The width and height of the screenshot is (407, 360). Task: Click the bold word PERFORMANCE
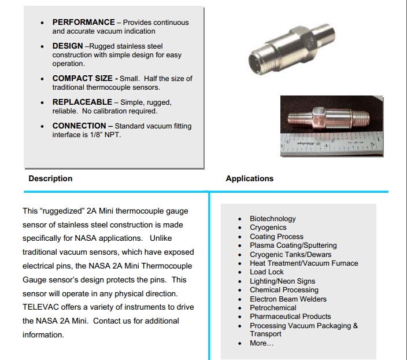click(x=83, y=23)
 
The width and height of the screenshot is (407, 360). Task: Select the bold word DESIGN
click(x=68, y=46)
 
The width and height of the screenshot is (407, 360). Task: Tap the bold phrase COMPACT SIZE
click(x=84, y=78)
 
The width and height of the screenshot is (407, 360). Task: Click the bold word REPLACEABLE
click(x=82, y=102)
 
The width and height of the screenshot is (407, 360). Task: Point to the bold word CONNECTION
click(x=79, y=126)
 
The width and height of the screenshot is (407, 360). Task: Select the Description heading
click(x=50, y=178)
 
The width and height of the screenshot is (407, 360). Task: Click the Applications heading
click(x=249, y=178)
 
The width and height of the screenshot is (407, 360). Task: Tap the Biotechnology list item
click(x=272, y=219)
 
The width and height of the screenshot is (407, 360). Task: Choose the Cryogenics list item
click(x=268, y=227)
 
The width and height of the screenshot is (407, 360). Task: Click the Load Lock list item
click(x=267, y=272)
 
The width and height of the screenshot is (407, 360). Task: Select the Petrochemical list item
click(x=273, y=308)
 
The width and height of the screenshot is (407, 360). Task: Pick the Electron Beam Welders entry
click(x=288, y=299)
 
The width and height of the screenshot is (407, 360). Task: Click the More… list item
click(x=261, y=343)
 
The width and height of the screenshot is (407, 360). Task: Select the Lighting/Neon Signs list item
click(x=282, y=281)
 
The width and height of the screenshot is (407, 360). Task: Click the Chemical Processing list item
click(x=284, y=290)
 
